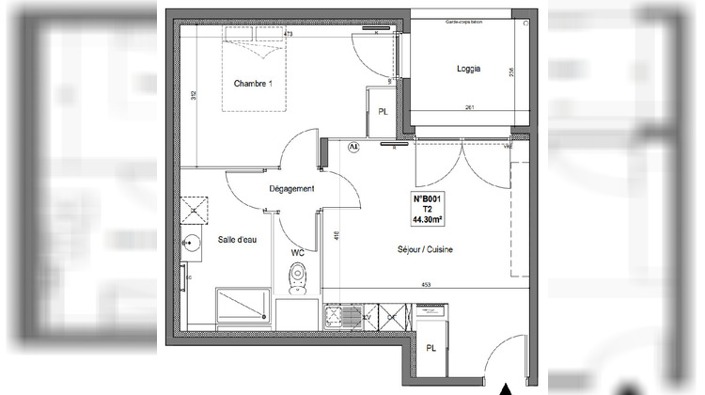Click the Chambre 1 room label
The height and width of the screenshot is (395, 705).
click(x=253, y=84)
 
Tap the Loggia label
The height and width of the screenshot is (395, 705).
click(x=469, y=69)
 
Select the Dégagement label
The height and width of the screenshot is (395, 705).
click(x=291, y=189)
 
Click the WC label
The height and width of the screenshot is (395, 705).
click(x=298, y=252)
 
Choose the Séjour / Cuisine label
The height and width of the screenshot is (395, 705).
click(x=426, y=250)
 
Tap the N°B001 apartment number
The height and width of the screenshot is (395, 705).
click(x=429, y=199)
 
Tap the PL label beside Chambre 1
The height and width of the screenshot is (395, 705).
click(x=383, y=112)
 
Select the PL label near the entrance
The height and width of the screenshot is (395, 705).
click(x=431, y=349)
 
